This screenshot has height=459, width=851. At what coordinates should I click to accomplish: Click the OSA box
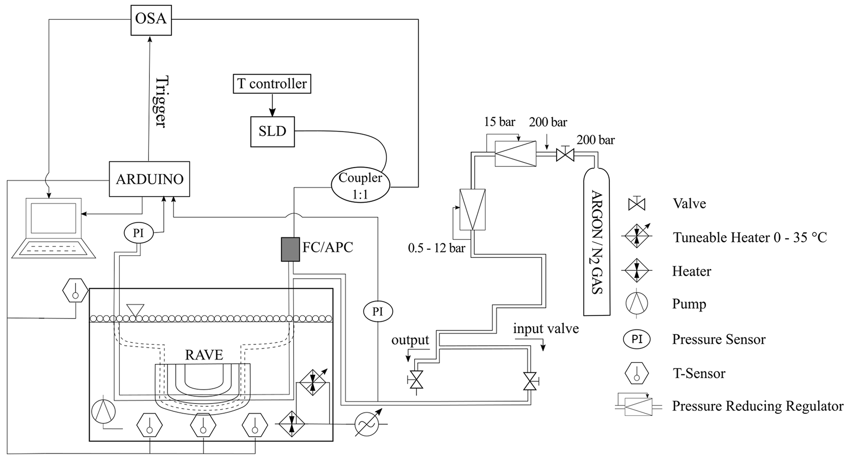pyautogui.click(x=151, y=19)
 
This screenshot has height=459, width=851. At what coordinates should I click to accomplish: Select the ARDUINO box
pyautogui.click(x=149, y=179)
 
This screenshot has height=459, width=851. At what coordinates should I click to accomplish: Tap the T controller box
pyautogui.click(x=272, y=84)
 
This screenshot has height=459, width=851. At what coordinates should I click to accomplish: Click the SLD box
pyautogui.click(x=273, y=131)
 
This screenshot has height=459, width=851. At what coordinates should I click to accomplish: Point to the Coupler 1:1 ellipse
pyautogui.click(x=360, y=186)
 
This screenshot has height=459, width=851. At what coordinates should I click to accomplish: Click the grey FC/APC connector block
pyautogui.click(x=290, y=249)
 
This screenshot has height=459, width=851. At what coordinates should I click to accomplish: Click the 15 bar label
pyautogui.click(x=499, y=122)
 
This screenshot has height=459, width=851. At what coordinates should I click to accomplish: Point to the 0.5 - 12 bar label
pyautogui.click(x=436, y=248)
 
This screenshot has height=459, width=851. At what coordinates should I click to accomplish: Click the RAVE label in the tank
pyautogui.click(x=204, y=354)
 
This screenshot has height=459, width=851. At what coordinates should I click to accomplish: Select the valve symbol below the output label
pyautogui.click(x=416, y=380)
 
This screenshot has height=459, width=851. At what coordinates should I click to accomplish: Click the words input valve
pyautogui.click(x=546, y=329)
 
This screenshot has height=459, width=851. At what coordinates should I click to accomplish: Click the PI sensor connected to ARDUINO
pyautogui.click(x=138, y=233)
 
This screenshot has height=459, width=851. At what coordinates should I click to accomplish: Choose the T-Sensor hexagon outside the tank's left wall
pyautogui.click(x=75, y=291)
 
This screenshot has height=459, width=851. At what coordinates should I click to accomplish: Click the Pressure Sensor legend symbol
pyautogui.click(x=637, y=339)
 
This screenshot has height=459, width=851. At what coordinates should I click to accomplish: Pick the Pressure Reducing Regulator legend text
pyautogui.click(x=758, y=406)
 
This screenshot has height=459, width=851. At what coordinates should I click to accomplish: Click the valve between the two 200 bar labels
pyautogui.click(x=565, y=155)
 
